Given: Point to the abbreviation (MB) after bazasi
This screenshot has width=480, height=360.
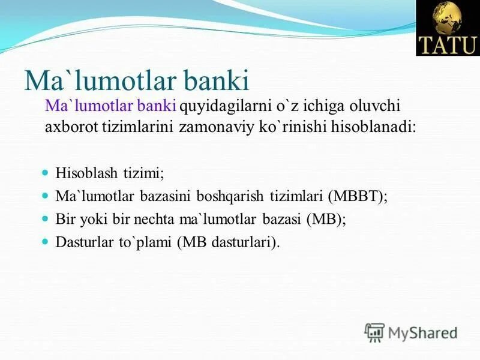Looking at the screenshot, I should (x=326, y=220).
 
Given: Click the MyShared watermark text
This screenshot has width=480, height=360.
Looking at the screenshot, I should (x=423, y=332).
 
